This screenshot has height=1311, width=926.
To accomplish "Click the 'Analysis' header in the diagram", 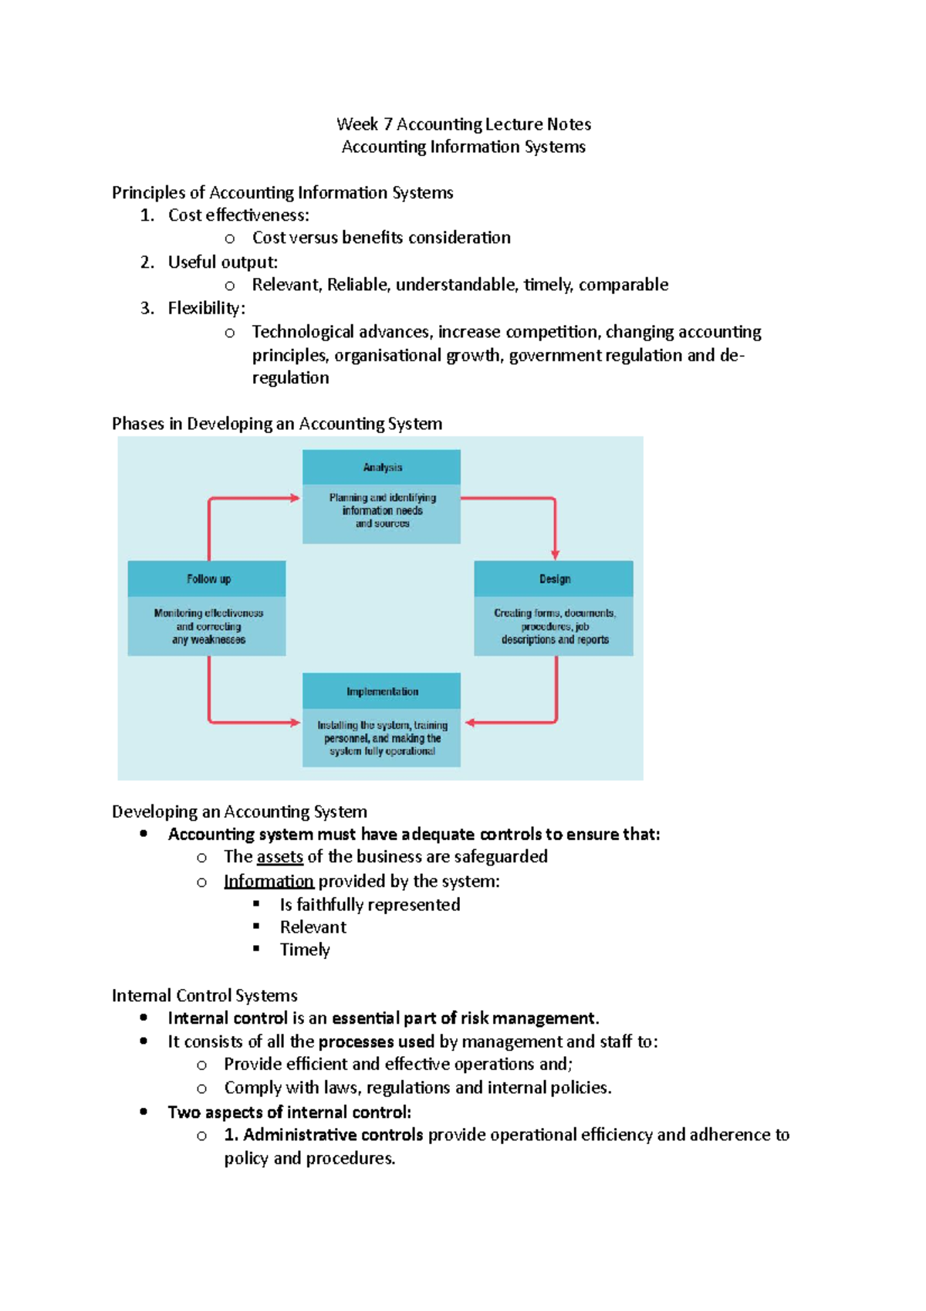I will tap(382, 467).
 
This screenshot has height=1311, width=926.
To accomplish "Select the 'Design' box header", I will tap(554, 578).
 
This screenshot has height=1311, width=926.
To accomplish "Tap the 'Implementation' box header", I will tap(382, 691).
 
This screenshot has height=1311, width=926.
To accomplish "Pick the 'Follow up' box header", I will tap(208, 578).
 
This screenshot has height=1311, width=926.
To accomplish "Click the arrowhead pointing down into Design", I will tap(555, 554).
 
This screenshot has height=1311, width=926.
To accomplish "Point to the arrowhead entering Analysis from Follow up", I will tap(295, 498).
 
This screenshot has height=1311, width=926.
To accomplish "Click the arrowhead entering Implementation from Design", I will tap(470, 723).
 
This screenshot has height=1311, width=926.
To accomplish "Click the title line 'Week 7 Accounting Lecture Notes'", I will tap(463, 124).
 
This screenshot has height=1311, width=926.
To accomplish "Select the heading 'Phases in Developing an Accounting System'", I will tap(276, 423).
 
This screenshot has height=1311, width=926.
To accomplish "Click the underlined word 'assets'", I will tap(279, 856).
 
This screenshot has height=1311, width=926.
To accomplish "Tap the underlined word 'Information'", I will tap(269, 881).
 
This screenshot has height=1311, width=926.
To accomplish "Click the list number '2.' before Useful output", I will tap(147, 262).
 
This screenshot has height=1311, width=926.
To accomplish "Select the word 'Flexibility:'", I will tap(206, 308).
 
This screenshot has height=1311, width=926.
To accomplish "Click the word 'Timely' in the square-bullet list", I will tap(305, 949).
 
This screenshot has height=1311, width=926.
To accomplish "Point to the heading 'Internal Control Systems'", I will tap(204, 995).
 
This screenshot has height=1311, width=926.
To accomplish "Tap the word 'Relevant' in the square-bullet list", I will tap(313, 927).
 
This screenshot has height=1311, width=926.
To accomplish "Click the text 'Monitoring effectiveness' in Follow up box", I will tap(208, 613).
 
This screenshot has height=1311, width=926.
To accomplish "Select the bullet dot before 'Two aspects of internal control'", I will tap(144, 1112).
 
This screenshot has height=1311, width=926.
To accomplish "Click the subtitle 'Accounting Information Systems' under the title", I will tap(463, 147).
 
